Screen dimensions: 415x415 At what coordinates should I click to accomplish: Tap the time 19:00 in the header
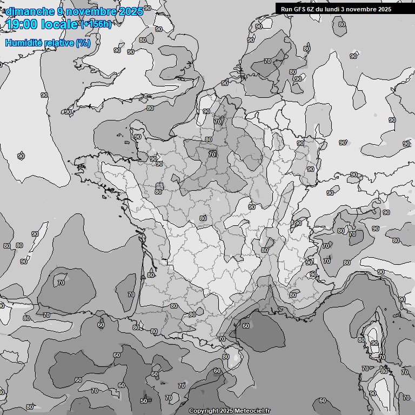[x=21, y=24]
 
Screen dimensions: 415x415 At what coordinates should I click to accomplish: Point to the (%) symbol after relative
[x=83, y=43]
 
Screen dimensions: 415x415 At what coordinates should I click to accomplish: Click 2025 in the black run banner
[x=385, y=9]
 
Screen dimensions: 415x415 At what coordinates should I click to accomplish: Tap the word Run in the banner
[x=286, y=9]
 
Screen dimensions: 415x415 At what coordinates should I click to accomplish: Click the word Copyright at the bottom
[x=204, y=411]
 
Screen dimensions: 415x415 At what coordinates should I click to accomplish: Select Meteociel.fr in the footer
[x=252, y=411]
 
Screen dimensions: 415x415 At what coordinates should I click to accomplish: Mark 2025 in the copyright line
[x=227, y=411]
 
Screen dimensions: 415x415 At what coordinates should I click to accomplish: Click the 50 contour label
[x=144, y=400]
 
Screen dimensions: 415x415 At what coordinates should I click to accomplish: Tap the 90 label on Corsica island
[x=374, y=344]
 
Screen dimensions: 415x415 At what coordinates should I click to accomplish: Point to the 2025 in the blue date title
[x=130, y=11]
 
